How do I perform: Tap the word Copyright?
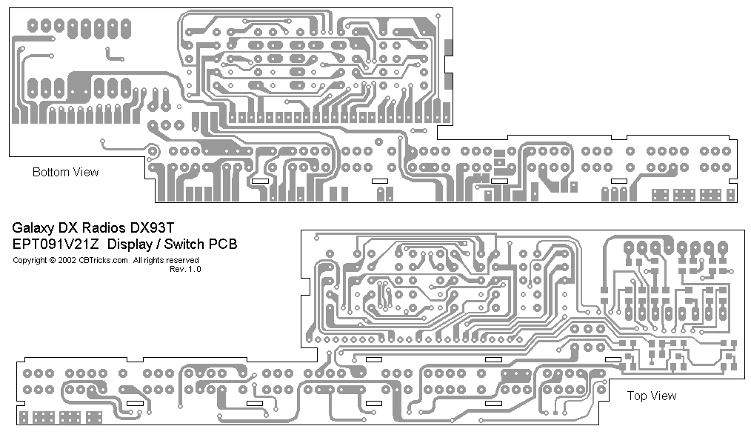pos(30,261)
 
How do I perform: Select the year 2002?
pos(67,261)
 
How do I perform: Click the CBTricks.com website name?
pos(103,261)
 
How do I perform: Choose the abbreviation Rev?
pos(178,270)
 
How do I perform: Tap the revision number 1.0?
pos(195,270)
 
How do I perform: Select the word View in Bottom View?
pos(85,173)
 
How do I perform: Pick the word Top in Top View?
pos(637,396)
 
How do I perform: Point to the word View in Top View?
pos(663,396)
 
